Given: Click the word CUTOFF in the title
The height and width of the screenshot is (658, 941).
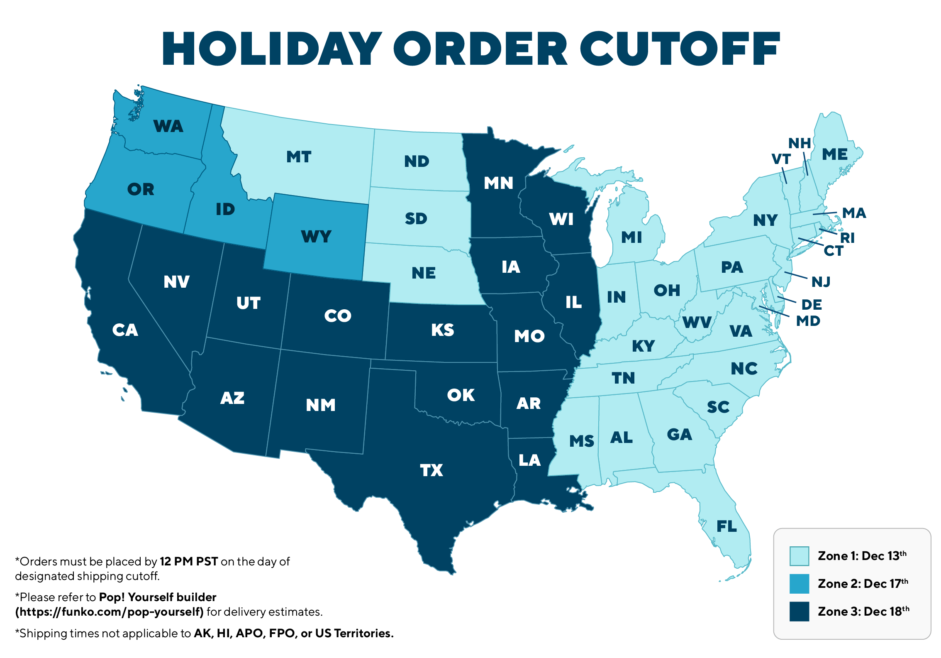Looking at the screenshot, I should coord(680,49).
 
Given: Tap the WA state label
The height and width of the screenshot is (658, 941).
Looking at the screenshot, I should coord(168,126).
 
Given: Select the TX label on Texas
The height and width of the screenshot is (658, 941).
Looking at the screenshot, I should coord(431,470).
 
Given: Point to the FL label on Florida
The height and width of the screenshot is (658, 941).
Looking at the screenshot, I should coord(726,526).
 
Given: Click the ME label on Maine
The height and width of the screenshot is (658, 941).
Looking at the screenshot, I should coord(835,154).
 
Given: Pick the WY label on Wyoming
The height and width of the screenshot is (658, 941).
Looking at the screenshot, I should coord(316,237).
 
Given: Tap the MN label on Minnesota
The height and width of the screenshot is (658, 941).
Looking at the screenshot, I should coord(498,183).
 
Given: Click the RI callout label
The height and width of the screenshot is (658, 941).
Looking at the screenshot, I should coord(847,238).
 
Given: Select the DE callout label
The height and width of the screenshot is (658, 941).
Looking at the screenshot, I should coord(812,305).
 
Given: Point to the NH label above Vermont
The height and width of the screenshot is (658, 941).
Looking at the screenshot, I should coord(800,143).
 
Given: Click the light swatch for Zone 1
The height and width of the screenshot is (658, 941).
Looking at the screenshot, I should coord(799,556).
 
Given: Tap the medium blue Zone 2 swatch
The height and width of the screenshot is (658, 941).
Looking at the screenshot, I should coord(799,584).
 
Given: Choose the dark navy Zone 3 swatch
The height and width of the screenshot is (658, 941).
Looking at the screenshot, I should coord(799,612).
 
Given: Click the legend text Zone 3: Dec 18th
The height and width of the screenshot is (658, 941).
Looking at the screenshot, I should coord(863,612).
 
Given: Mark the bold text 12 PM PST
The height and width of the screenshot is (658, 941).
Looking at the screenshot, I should coord(189,562).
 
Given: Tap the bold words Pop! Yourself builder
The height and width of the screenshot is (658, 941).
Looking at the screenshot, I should coord(158,597).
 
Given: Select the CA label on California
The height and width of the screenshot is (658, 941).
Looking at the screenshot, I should coord(125,330).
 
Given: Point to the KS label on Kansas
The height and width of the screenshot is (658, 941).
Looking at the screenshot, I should coord(442,330).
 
